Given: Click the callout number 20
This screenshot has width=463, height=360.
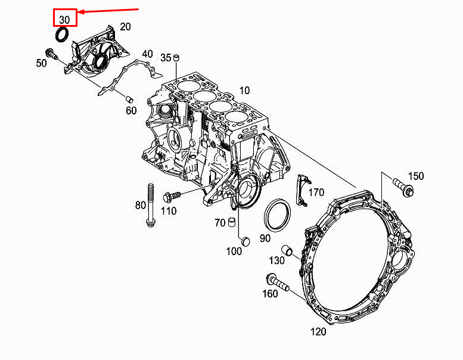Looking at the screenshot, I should [125, 27].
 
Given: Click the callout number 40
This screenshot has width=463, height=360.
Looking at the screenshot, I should [147, 54].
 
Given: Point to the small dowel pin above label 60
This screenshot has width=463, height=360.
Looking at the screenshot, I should [128, 98].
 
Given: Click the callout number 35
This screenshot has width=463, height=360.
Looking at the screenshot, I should [166, 57].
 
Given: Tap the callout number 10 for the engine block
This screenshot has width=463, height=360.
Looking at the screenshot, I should [244, 91].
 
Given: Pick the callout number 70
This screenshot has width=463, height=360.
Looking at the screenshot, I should [220, 223].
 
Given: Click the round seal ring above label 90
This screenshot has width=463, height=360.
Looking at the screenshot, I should [277, 215].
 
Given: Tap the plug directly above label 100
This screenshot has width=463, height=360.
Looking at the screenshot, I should [244, 240].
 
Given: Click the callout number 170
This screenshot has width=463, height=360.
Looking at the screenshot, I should [316, 193].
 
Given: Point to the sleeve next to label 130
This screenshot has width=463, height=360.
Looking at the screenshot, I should [288, 250].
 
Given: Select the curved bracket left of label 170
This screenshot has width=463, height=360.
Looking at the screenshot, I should [302, 191].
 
